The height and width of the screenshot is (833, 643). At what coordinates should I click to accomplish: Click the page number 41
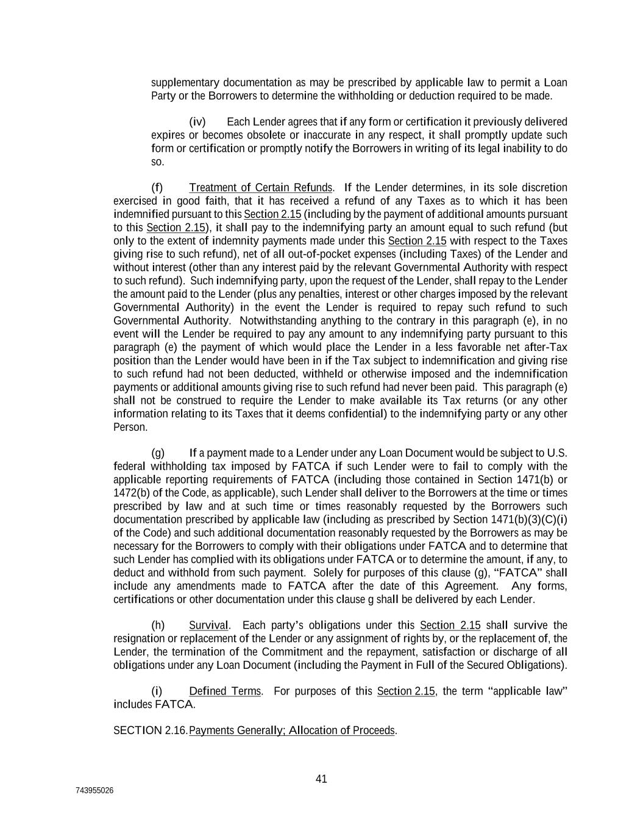pos(321,779)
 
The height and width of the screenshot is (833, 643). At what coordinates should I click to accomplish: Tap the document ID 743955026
pos(94,791)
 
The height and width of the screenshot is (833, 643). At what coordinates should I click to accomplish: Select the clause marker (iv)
pos(197,122)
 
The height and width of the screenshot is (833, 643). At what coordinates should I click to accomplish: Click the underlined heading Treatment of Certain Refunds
pos(260,187)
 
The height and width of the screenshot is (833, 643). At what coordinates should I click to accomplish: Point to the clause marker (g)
pos(158,453)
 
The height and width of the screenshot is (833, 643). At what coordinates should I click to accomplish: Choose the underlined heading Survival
pos(208,626)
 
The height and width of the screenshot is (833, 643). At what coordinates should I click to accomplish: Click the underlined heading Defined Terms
pos(224,691)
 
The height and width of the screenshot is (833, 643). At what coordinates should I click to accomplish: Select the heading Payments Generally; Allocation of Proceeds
pos(292,730)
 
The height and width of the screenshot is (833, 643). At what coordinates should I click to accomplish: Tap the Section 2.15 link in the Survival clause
pos(450,626)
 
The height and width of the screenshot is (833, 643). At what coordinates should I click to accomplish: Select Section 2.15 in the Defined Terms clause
pos(406,691)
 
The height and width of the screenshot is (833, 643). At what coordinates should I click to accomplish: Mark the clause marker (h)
pos(158,626)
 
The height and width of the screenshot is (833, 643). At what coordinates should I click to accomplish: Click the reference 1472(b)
pos(129,493)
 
